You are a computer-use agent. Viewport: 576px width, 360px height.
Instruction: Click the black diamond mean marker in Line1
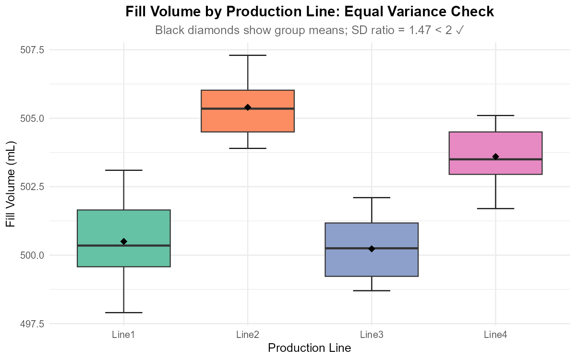point(124,241)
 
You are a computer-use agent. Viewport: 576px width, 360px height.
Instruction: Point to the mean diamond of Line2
point(248,108)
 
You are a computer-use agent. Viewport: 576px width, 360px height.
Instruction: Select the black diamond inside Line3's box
point(372,249)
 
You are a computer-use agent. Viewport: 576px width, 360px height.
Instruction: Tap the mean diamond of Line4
point(495,156)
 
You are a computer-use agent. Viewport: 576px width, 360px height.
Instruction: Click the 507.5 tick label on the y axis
point(31,50)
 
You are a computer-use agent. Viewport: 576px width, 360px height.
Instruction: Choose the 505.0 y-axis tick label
point(31,119)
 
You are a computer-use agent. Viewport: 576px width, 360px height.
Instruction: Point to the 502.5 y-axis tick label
point(31,187)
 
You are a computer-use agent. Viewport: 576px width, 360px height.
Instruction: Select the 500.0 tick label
point(31,255)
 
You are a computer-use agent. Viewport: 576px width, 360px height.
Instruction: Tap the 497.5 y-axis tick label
point(31,324)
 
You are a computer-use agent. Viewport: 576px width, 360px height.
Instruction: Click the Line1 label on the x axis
point(123,335)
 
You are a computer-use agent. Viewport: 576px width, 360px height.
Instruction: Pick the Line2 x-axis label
point(248,335)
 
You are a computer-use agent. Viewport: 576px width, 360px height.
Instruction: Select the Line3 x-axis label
point(372,335)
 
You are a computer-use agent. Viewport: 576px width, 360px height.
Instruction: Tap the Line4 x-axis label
point(495,335)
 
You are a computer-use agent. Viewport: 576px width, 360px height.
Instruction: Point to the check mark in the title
point(459,31)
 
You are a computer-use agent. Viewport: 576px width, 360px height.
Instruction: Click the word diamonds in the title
point(203,31)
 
